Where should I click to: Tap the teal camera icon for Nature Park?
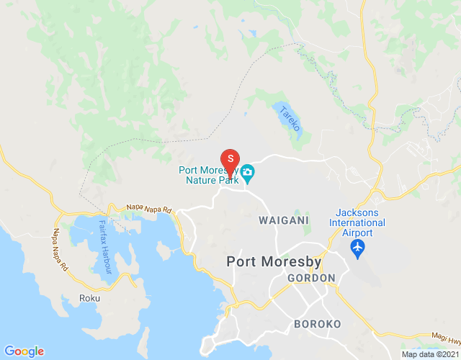(x=248, y=172)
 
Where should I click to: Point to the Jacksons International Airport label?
(x=361, y=222)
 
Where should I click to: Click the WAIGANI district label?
(x=283, y=220)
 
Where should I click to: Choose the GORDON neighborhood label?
(x=311, y=278)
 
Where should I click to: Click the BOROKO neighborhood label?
(x=317, y=324)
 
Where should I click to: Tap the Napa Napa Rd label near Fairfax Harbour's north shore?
(x=150, y=208)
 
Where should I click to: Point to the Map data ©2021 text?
(x=429, y=354)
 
